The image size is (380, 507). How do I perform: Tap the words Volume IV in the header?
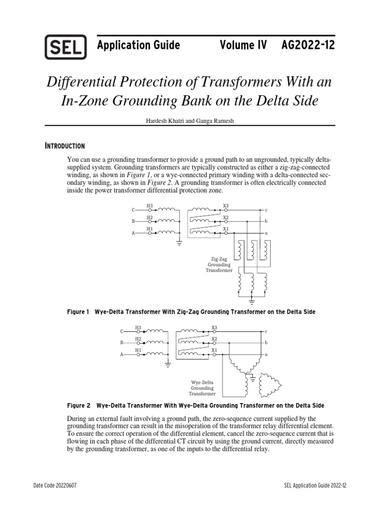pos(243,46)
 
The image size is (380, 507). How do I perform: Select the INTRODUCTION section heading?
pos(65,146)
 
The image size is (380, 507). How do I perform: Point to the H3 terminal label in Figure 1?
pos(149,206)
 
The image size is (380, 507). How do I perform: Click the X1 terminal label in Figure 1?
pos(226,229)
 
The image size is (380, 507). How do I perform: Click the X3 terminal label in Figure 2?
pos(214,327)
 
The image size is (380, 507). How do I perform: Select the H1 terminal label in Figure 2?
pos(138,350)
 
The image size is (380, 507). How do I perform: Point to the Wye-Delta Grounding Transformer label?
pos(202,389)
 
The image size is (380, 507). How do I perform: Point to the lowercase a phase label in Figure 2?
pos(266,355)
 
